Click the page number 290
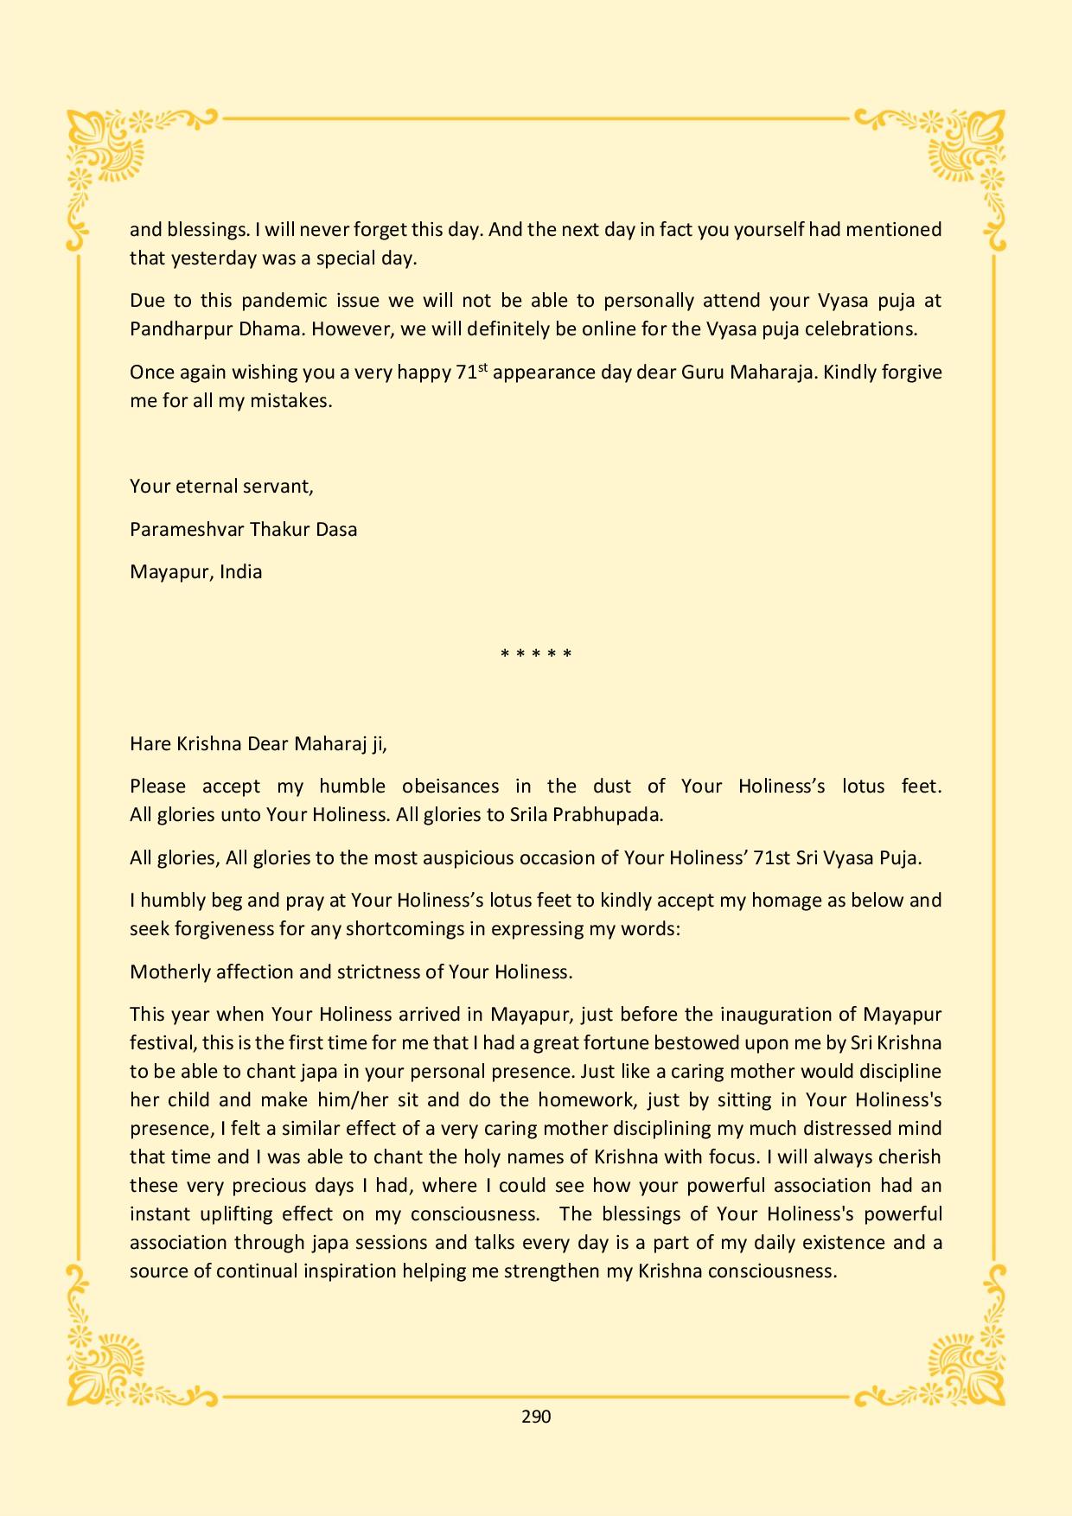(x=536, y=1416)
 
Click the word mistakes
(x=290, y=401)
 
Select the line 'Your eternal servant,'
(x=221, y=486)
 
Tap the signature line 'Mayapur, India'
(x=195, y=572)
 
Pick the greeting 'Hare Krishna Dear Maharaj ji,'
(x=258, y=743)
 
